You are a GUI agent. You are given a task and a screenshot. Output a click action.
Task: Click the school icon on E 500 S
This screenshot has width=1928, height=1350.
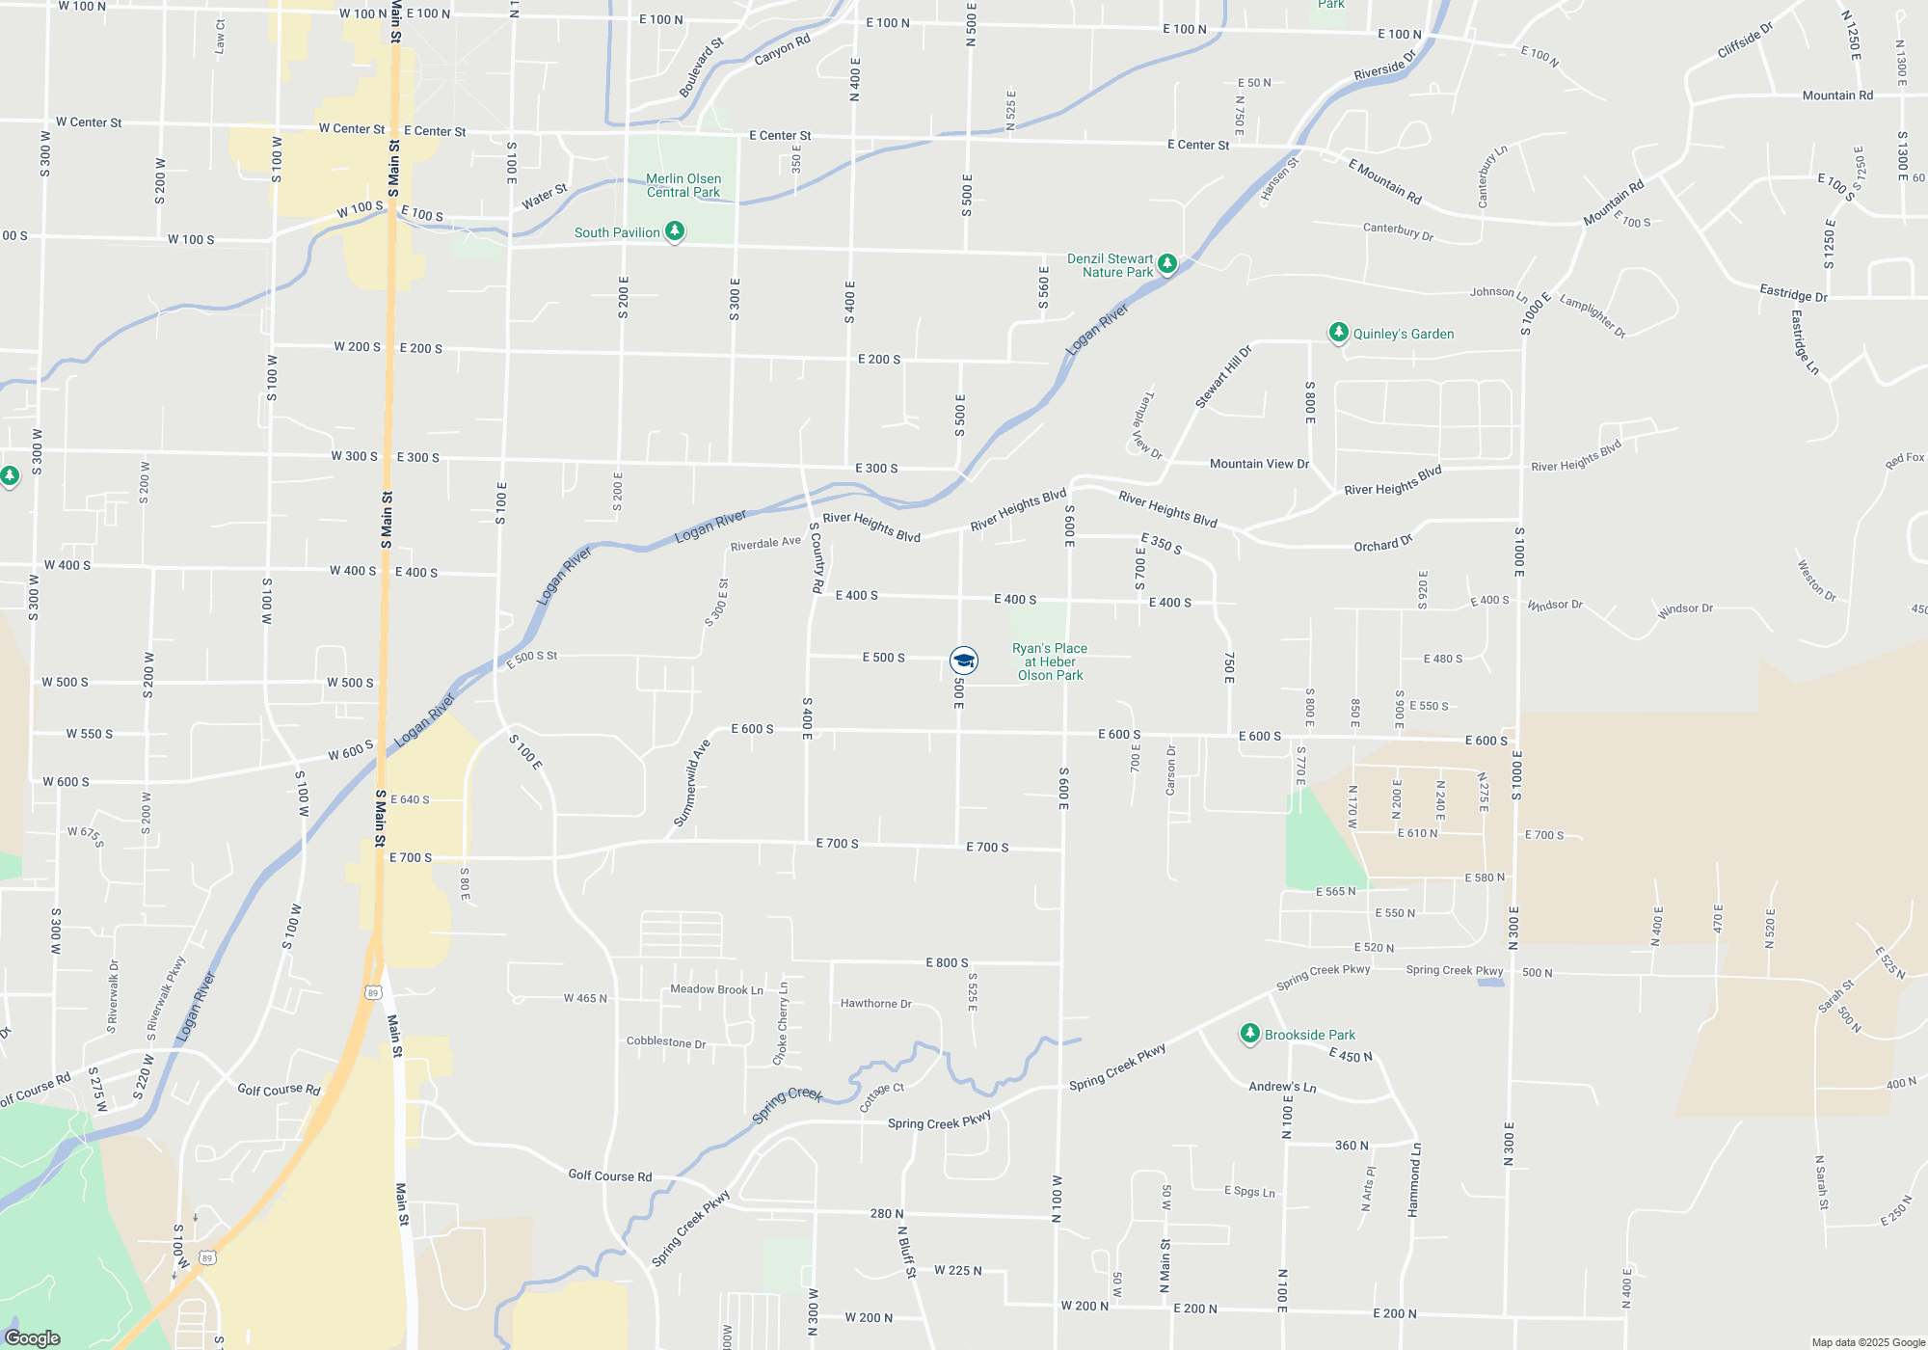pyautogui.click(x=964, y=661)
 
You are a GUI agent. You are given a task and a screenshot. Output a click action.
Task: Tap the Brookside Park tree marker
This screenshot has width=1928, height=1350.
pyautogui.click(x=1250, y=1034)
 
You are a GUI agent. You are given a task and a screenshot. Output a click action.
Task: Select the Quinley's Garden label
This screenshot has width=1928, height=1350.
pyautogui.click(x=1403, y=335)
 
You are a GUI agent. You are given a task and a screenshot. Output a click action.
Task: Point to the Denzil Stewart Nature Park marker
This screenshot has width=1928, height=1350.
pyautogui.click(x=1167, y=263)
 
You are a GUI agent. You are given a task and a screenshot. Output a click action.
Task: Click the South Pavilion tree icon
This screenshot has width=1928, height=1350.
pyautogui.click(x=676, y=231)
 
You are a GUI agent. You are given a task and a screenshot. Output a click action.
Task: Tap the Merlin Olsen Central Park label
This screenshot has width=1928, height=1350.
pyautogui.click(x=683, y=185)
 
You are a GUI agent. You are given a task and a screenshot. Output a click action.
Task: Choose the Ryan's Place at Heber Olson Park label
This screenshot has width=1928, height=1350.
pyautogui.click(x=1050, y=661)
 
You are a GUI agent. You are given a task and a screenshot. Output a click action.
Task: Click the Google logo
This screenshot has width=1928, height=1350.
pyautogui.click(x=33, y=1337)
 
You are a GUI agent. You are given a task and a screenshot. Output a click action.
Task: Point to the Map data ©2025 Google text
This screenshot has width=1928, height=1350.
pyautogui.click(x=1868, y=1342)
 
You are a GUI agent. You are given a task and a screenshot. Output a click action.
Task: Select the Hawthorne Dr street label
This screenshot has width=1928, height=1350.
pyautogui.click(x=875, y=1004)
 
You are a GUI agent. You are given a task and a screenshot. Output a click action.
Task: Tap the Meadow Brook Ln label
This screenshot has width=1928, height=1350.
pyautogui.click(x=716, y=989)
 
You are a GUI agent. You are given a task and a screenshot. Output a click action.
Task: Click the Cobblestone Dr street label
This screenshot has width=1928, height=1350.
pyautogui.click(x=666, y=1042)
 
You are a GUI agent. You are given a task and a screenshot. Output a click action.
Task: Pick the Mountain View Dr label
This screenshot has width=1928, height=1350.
pyautogui.click(x=1259, y=464)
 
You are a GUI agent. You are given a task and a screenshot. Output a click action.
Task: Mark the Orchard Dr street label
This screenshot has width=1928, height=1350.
pyautogui.click(x=1382, y=544)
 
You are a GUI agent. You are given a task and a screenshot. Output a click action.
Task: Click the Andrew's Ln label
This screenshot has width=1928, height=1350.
pyautogui.click(x=1282, y=1087)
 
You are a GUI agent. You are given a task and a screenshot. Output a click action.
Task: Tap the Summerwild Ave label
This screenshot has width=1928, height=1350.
pyautogui.click(x=691, y=783)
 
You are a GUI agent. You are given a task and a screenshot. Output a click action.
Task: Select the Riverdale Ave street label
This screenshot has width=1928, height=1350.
pyautogui.click(x=765, y=544)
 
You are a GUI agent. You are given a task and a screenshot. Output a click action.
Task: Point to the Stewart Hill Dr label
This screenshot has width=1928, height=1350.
pyautogui.click(x=1223, y=376)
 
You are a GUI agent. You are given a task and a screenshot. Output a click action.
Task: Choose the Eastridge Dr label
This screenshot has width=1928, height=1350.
pyautogui.click(x=1793, y=293)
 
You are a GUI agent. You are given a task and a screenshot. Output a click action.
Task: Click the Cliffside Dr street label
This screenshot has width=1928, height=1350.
pyautogui.click(x=1745, y=40)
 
